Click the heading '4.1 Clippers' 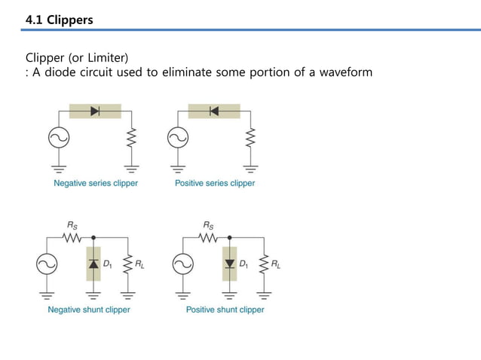[x=60, y=20]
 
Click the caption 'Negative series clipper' [x=95, y=183]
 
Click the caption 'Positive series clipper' [x=215, y=183]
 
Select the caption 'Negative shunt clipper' [x=89, y=310]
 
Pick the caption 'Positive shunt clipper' [x=225, y=310]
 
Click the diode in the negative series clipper [x=95, y=111]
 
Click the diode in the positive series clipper [x=214, y=111]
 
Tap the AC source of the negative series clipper [x=58, y=138]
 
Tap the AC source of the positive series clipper [x=177, y=138]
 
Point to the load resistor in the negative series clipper [x=131, y=138]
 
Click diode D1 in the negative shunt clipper [x=93, y=264]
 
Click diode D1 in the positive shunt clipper [x=228, y=264]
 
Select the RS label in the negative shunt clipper [x=72, y=224]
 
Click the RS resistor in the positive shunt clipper [x=207, y=237]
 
